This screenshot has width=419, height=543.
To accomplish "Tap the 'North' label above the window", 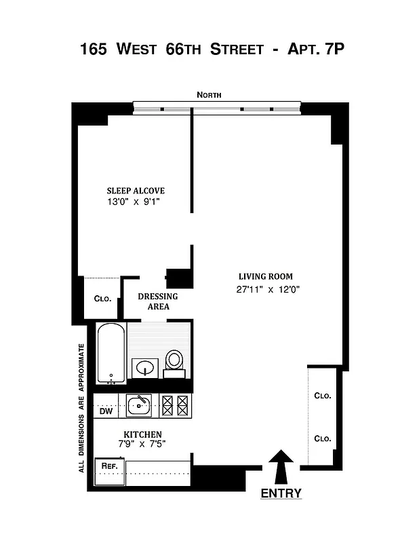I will click(209, 96).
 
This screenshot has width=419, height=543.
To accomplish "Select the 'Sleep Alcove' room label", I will click(136, 191).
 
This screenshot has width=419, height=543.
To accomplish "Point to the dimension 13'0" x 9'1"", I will click(136, 202).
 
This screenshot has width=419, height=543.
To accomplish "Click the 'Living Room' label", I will click(265, 276).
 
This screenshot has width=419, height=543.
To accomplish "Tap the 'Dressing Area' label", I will click(158, 301).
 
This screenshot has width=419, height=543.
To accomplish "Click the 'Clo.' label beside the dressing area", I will click(102, 299).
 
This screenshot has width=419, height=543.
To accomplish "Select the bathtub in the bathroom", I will click(109, 354).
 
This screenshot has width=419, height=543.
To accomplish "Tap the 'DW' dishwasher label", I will click(105, 411).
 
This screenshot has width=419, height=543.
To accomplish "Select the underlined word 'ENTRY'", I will click(281, 493).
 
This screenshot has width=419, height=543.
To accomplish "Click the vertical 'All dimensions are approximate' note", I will click(81, 408).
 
